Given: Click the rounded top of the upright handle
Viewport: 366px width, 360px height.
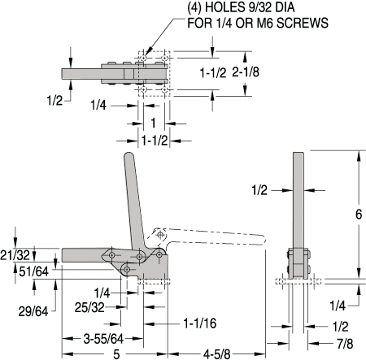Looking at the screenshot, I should pos(128,157).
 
